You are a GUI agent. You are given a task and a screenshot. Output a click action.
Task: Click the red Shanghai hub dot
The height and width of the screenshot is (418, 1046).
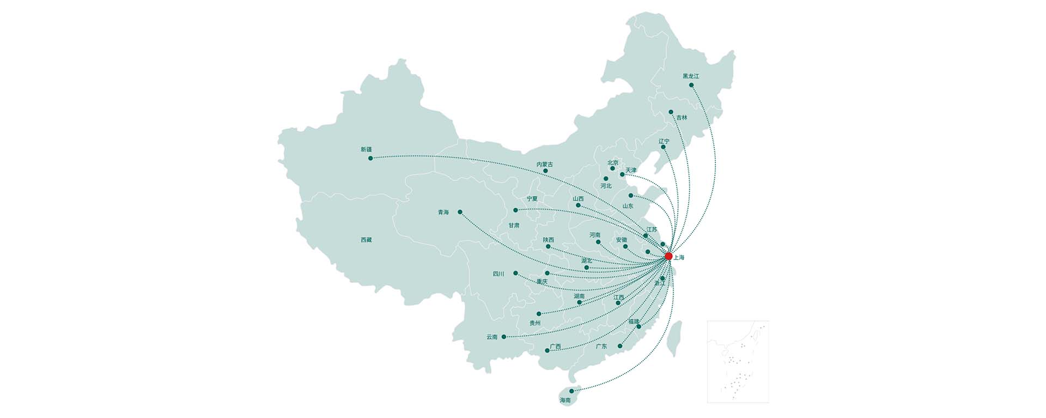coord(668,256)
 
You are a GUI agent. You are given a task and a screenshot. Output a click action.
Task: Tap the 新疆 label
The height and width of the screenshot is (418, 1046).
coord(366,149)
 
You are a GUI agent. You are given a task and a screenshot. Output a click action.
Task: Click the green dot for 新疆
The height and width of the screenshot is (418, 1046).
coord(370,158)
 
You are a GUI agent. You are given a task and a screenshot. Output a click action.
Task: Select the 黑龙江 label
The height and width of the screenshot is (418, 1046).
coord(691,76)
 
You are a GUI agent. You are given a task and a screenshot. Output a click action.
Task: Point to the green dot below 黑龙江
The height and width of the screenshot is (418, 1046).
coord(691,85)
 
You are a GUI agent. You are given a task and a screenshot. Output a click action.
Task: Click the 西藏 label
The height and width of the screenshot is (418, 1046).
coord(366,240)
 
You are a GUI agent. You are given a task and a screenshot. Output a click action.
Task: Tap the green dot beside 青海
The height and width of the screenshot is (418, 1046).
coord(460,212)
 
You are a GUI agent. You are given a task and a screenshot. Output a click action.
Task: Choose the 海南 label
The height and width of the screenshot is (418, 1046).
coord(565,400)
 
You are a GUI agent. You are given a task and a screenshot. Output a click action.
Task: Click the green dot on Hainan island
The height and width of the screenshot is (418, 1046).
coord(571,391)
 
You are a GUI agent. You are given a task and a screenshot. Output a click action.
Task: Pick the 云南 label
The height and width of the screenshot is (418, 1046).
coord(492,337)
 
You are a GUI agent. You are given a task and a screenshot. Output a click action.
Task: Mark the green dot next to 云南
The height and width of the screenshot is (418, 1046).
coord(503,337)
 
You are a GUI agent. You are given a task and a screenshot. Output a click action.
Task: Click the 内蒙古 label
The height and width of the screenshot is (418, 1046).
coord(544,164)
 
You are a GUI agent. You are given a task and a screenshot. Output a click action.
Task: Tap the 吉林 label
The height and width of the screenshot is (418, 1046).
coord(682,117)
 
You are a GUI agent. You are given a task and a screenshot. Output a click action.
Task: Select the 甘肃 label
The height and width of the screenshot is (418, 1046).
coord(514,225)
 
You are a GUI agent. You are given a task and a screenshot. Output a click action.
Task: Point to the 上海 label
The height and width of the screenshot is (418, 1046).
coord(679,257)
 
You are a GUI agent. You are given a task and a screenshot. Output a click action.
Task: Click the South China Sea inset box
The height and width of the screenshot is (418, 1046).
coord(738,361)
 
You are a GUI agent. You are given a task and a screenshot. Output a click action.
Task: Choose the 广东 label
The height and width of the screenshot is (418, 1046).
coord(601,346)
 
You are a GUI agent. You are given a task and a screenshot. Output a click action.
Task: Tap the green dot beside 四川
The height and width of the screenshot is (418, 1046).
coord(515,273)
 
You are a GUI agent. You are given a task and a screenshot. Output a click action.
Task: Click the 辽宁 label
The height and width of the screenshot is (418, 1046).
coord(664,141)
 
